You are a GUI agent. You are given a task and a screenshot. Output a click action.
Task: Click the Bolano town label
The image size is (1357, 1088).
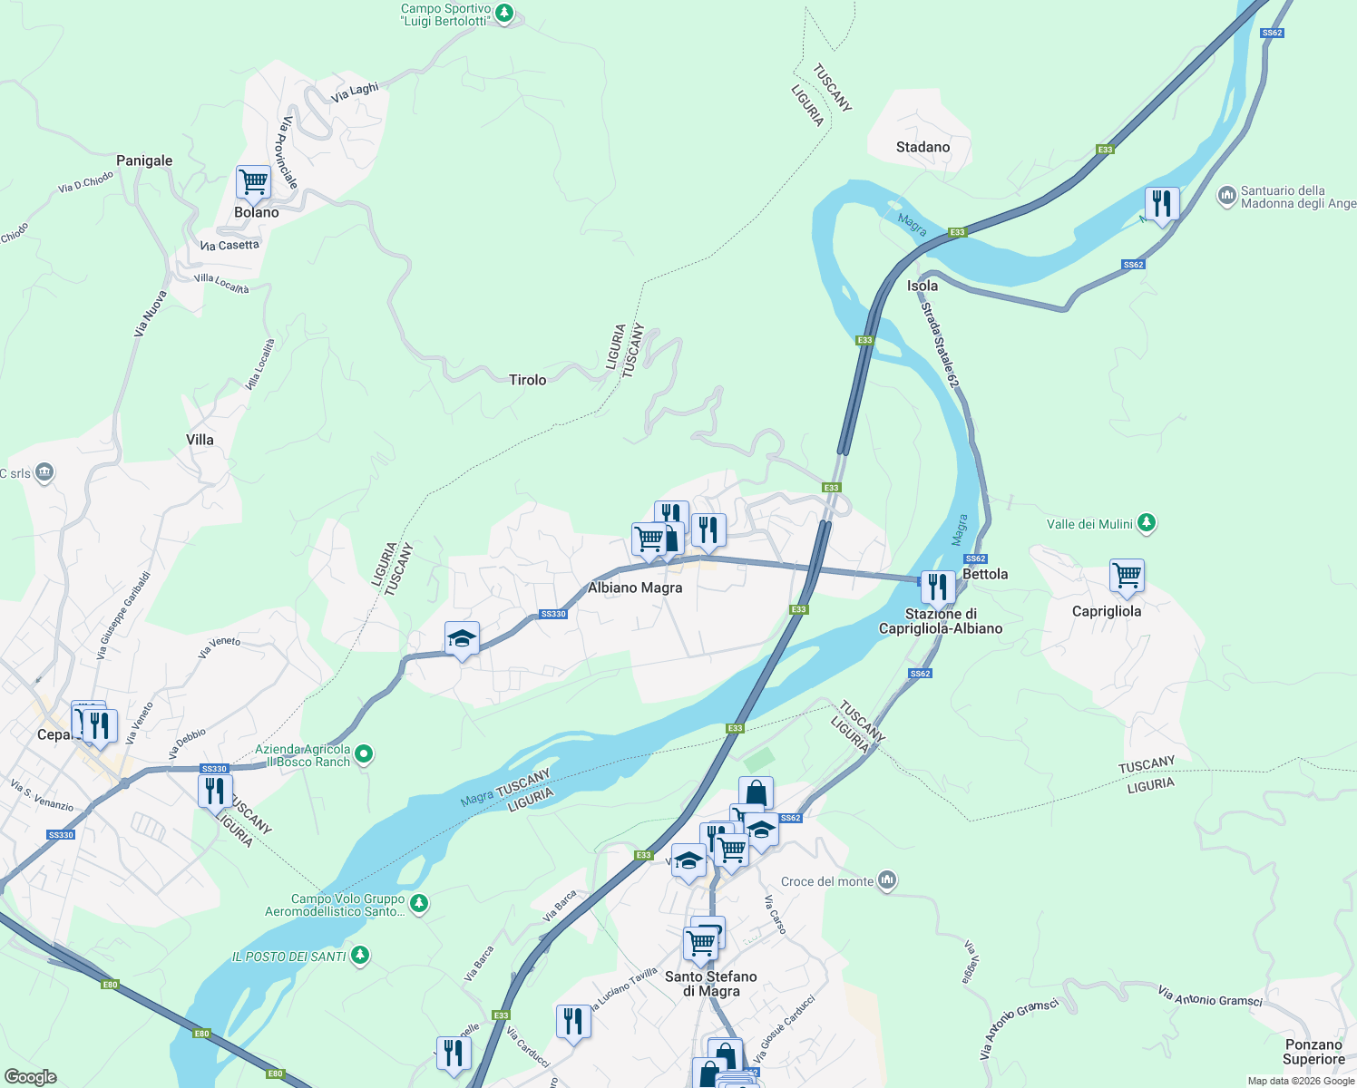point(256,212)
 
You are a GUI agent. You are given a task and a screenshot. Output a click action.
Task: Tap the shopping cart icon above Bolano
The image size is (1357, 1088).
point(253,181)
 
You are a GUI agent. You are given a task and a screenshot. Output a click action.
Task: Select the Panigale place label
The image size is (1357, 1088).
point(144,160)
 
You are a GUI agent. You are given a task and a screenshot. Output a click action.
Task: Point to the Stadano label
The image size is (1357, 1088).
point(923,147)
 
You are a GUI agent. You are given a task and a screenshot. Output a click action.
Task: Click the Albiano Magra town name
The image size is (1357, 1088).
point(635,588)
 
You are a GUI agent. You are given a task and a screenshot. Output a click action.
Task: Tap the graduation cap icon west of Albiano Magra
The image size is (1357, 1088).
point(462,639)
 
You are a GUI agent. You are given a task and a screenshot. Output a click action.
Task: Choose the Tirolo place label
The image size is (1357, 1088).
point(527,380)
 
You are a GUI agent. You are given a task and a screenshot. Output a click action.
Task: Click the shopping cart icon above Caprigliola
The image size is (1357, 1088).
point(1127,576)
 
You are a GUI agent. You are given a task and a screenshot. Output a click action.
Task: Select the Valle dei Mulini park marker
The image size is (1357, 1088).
point(1147,523)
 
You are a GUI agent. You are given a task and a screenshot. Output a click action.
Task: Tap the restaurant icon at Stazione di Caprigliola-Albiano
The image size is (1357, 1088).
point(937,587)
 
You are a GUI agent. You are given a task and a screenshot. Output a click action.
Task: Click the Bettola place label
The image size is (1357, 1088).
point(985,574)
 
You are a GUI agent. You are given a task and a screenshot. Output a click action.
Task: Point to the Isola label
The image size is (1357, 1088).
point(923,286)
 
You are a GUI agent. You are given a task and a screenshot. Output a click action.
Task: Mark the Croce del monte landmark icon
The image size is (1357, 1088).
point(887,880)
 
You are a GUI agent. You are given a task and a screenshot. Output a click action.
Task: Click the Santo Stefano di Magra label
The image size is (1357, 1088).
point(710,984)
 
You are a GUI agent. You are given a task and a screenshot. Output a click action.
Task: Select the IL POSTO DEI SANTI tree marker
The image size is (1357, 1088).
point(360,955)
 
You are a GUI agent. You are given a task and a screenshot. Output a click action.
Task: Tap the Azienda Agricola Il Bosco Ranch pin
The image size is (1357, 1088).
point(364,753)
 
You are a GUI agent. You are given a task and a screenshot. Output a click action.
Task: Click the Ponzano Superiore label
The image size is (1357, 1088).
point(1313,1052)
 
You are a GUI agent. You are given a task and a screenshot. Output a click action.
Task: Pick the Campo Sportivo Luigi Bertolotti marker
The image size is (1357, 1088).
point(505,14)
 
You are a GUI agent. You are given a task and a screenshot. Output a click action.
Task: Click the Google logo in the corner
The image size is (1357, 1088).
point(31,1077)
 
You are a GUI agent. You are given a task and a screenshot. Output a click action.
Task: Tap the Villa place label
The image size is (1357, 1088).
point(200,440)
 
